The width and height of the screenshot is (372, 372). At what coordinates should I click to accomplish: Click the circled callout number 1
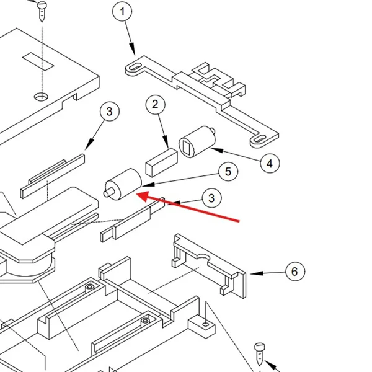[122, 11]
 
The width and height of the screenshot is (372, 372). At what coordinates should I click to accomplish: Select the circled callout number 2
[156, 104]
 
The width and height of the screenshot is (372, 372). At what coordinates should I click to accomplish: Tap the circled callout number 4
[270, 164]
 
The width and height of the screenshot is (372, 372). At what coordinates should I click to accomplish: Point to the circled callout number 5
[228, 171]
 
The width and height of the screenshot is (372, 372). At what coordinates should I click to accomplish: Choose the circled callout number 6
[295, 271]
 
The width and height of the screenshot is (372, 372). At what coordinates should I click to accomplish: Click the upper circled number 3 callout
[110, 111]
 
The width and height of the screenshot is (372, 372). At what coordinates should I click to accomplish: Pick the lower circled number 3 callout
[211, 198]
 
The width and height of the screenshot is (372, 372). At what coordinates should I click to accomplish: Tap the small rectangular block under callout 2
[162, 162]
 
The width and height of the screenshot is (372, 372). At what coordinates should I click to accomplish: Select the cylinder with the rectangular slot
[197, 141]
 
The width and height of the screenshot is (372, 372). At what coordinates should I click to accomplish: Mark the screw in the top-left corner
[42, 11]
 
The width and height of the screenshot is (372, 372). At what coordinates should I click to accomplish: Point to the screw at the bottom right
[260, 354]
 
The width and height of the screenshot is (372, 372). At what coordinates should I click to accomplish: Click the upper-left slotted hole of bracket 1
[135, 67]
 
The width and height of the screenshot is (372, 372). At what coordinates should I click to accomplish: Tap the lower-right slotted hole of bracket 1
[260, 138]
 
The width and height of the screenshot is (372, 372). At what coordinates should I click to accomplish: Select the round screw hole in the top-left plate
[41, 97]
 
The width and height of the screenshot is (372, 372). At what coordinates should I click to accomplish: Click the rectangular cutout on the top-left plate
[38, 61]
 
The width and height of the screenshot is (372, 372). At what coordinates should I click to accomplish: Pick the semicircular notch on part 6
[203, 257]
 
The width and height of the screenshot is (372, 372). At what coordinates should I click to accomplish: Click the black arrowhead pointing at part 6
[257, 273]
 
